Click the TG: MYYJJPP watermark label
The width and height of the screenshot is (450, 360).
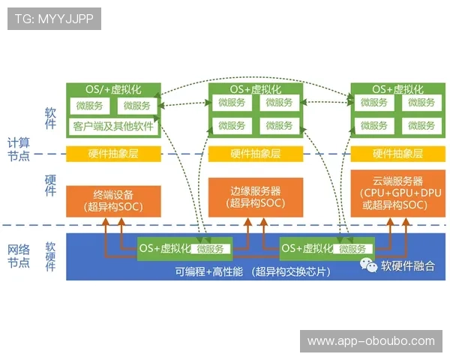pos(54,18)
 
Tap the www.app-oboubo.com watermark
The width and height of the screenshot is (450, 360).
pos(370,341)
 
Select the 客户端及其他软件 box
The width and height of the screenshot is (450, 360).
pos(113,126)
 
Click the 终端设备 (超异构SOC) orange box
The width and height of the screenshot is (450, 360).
pos(113,200)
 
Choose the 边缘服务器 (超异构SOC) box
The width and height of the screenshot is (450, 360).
pos(255,196)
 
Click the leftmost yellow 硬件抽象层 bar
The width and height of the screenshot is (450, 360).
pos(113,154)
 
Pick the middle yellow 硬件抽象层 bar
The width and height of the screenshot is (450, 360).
pos(255,154)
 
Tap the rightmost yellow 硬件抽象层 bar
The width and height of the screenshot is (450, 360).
pos(397,154)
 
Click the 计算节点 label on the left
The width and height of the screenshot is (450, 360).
pos(18,148)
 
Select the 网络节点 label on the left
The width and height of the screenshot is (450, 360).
pos(18,256)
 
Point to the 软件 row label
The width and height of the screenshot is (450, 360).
pos(51,118)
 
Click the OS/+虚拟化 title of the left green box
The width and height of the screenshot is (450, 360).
pos(113,89)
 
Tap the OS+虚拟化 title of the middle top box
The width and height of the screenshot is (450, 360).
pos(255,89)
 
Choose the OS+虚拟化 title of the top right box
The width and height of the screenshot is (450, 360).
pos(397,89)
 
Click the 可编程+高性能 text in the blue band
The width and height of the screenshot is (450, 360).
pos(209,271)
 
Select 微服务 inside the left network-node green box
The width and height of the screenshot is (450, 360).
pos(212,248)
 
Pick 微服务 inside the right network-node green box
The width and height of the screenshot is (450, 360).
pos(354,248)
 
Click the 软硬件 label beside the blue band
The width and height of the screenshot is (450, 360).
pos(51,256)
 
